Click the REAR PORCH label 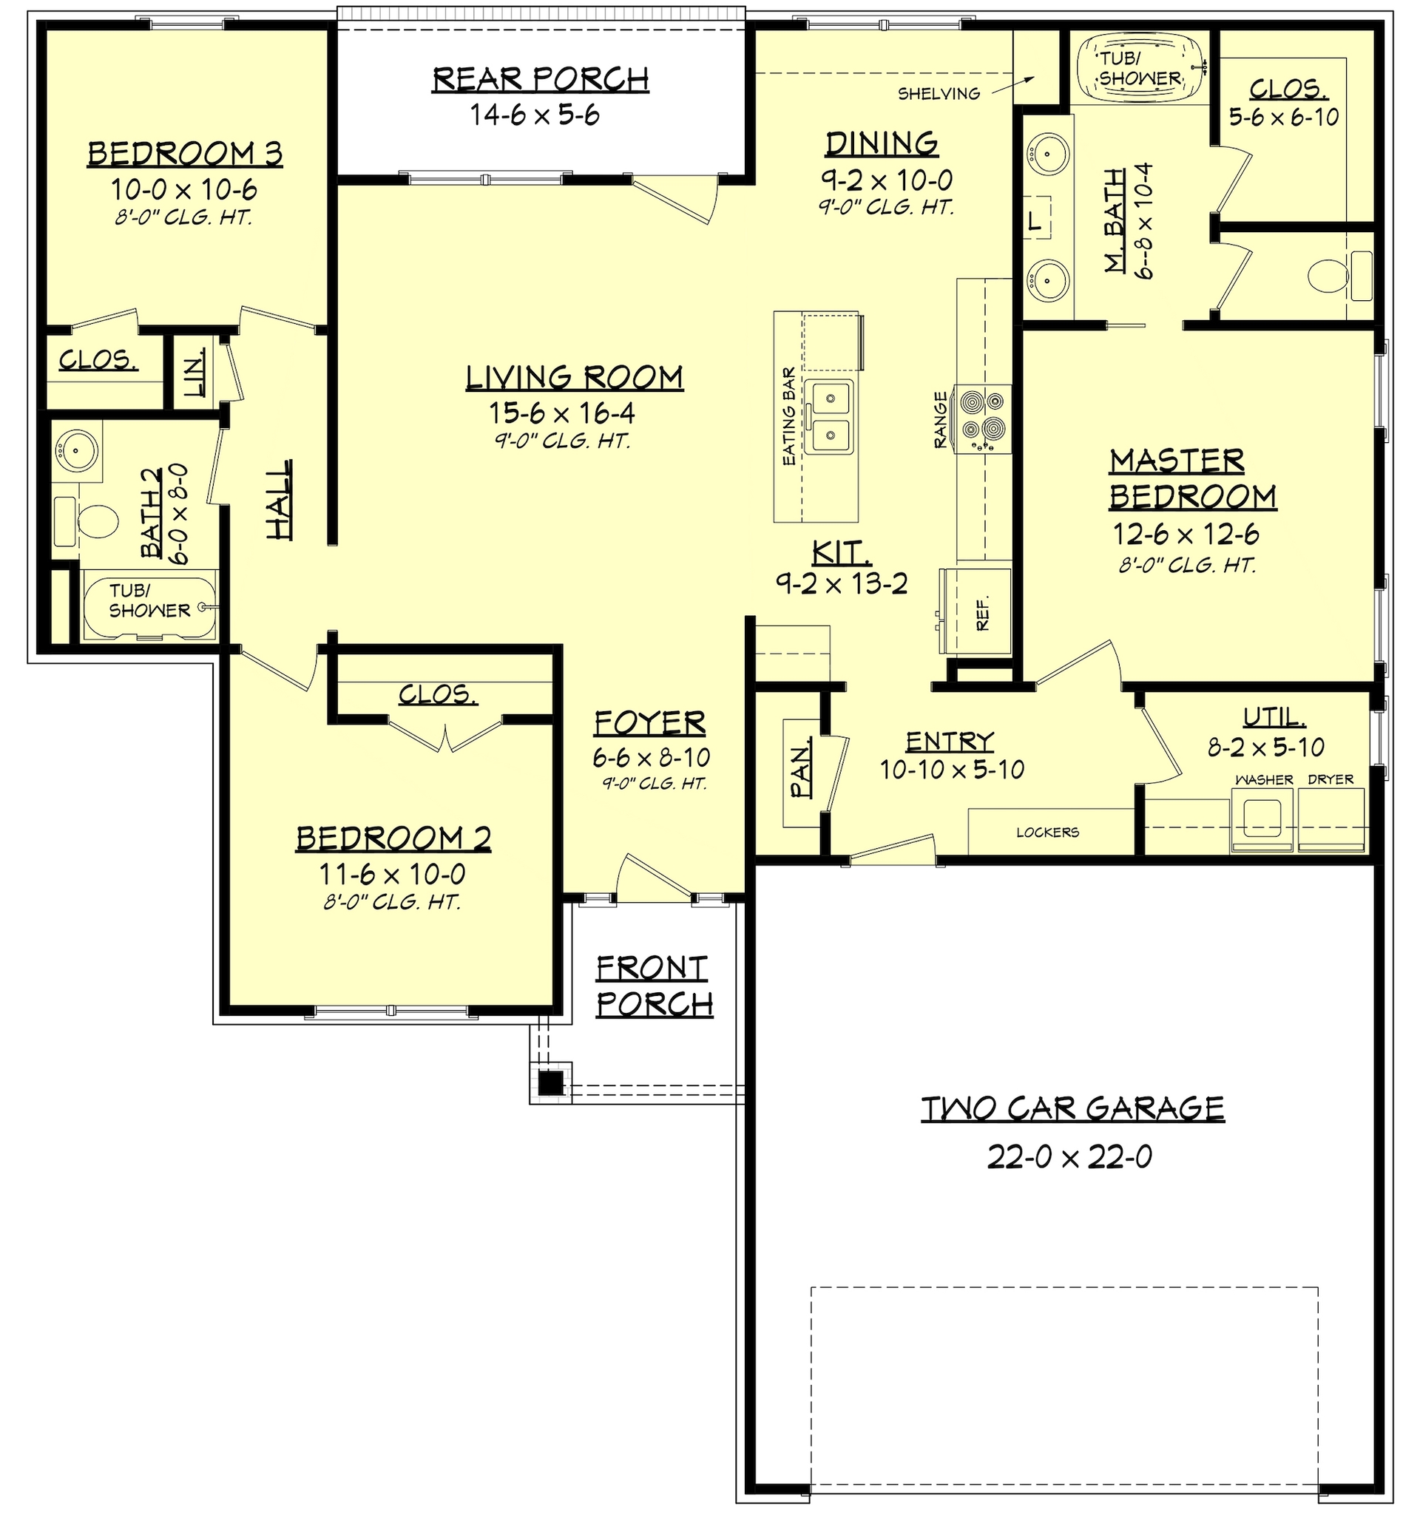pos(540,79)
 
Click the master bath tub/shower pos(1140,67)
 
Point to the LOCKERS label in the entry pos(1047,832)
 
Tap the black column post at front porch pos(550,1083)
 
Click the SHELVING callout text pos(939,94)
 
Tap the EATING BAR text pos(788,416)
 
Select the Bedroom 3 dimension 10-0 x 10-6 pos(183,189)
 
